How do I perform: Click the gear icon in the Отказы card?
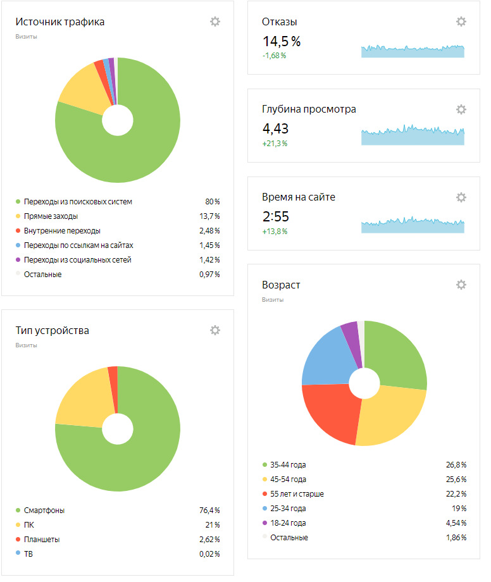[x=461, y=22]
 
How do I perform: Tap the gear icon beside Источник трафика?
[x=215, y=22]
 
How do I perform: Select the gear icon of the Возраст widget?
[x=461, y=285]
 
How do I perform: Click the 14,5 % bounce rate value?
[x=282, y=42]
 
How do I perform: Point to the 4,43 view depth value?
[x=275, y=128]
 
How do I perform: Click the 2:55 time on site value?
[x=275, y=216]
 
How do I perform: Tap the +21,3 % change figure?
[x=275, y=144]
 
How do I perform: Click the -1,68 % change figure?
[x=274, y=56]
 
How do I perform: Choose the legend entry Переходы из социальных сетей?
[x=78, y=260]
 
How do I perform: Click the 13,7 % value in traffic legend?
[x=209, y=216]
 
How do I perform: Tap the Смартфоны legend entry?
[x=44, y=511]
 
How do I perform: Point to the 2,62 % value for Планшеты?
[x=209, y=540]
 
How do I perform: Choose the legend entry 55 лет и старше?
[x=297, y=494]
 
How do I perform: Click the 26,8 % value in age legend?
[x=456, y=465]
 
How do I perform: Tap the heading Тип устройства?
[x=53, y=330]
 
